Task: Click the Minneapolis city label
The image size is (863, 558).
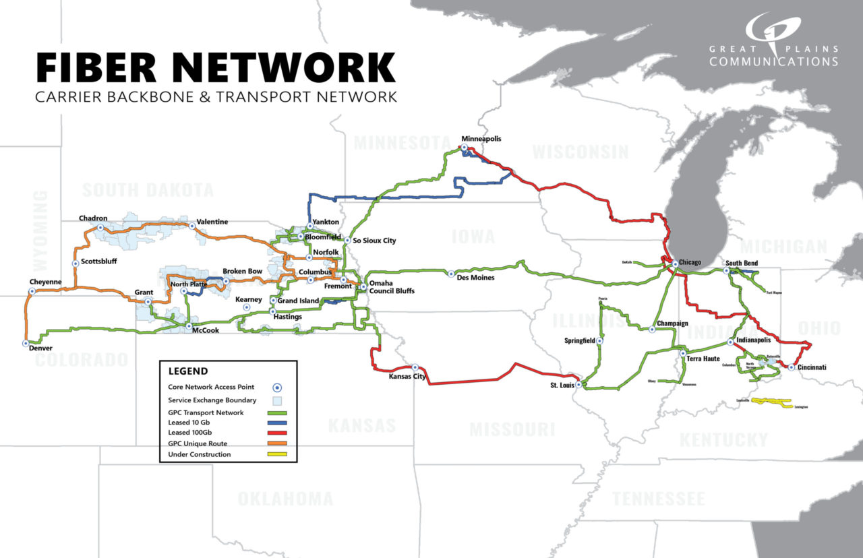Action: tap(481, 139)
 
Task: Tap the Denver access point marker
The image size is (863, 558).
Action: tap(26, 343)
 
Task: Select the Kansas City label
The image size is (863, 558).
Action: tap(407, 377)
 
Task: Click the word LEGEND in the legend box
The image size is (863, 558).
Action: tap(188, 371)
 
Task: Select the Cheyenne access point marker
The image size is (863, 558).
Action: tap(32, 292)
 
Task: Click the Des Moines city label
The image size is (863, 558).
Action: tap(475, 278)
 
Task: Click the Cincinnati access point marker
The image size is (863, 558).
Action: tap(791, 367)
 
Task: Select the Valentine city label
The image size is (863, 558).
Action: tap(212, 222)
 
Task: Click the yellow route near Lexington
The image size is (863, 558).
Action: tap(771, 402)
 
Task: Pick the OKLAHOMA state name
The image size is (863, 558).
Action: tap(285, 499)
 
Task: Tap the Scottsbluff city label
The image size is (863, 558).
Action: tap(99, 263)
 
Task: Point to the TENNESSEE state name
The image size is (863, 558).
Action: tap(659, 499)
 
